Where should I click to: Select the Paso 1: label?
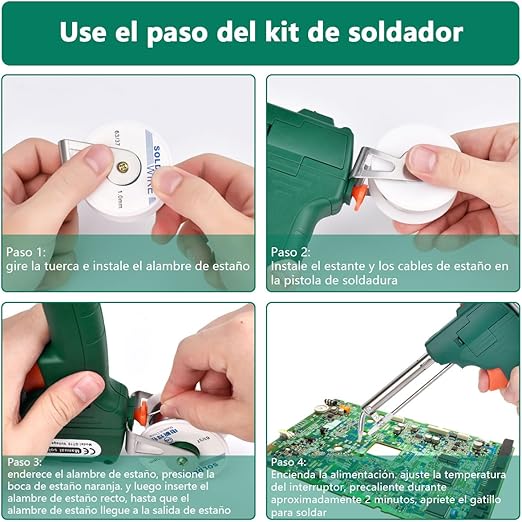pyautogui.click(x=26, y=252)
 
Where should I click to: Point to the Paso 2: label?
pyautogui.click(x=291, y=252)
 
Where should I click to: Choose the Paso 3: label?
pyautogui.click(x=26, y=462)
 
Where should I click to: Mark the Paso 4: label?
pyautogui.click(x=291, y=462)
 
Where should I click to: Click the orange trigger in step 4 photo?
pyautogui.click(x=490, y=380)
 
